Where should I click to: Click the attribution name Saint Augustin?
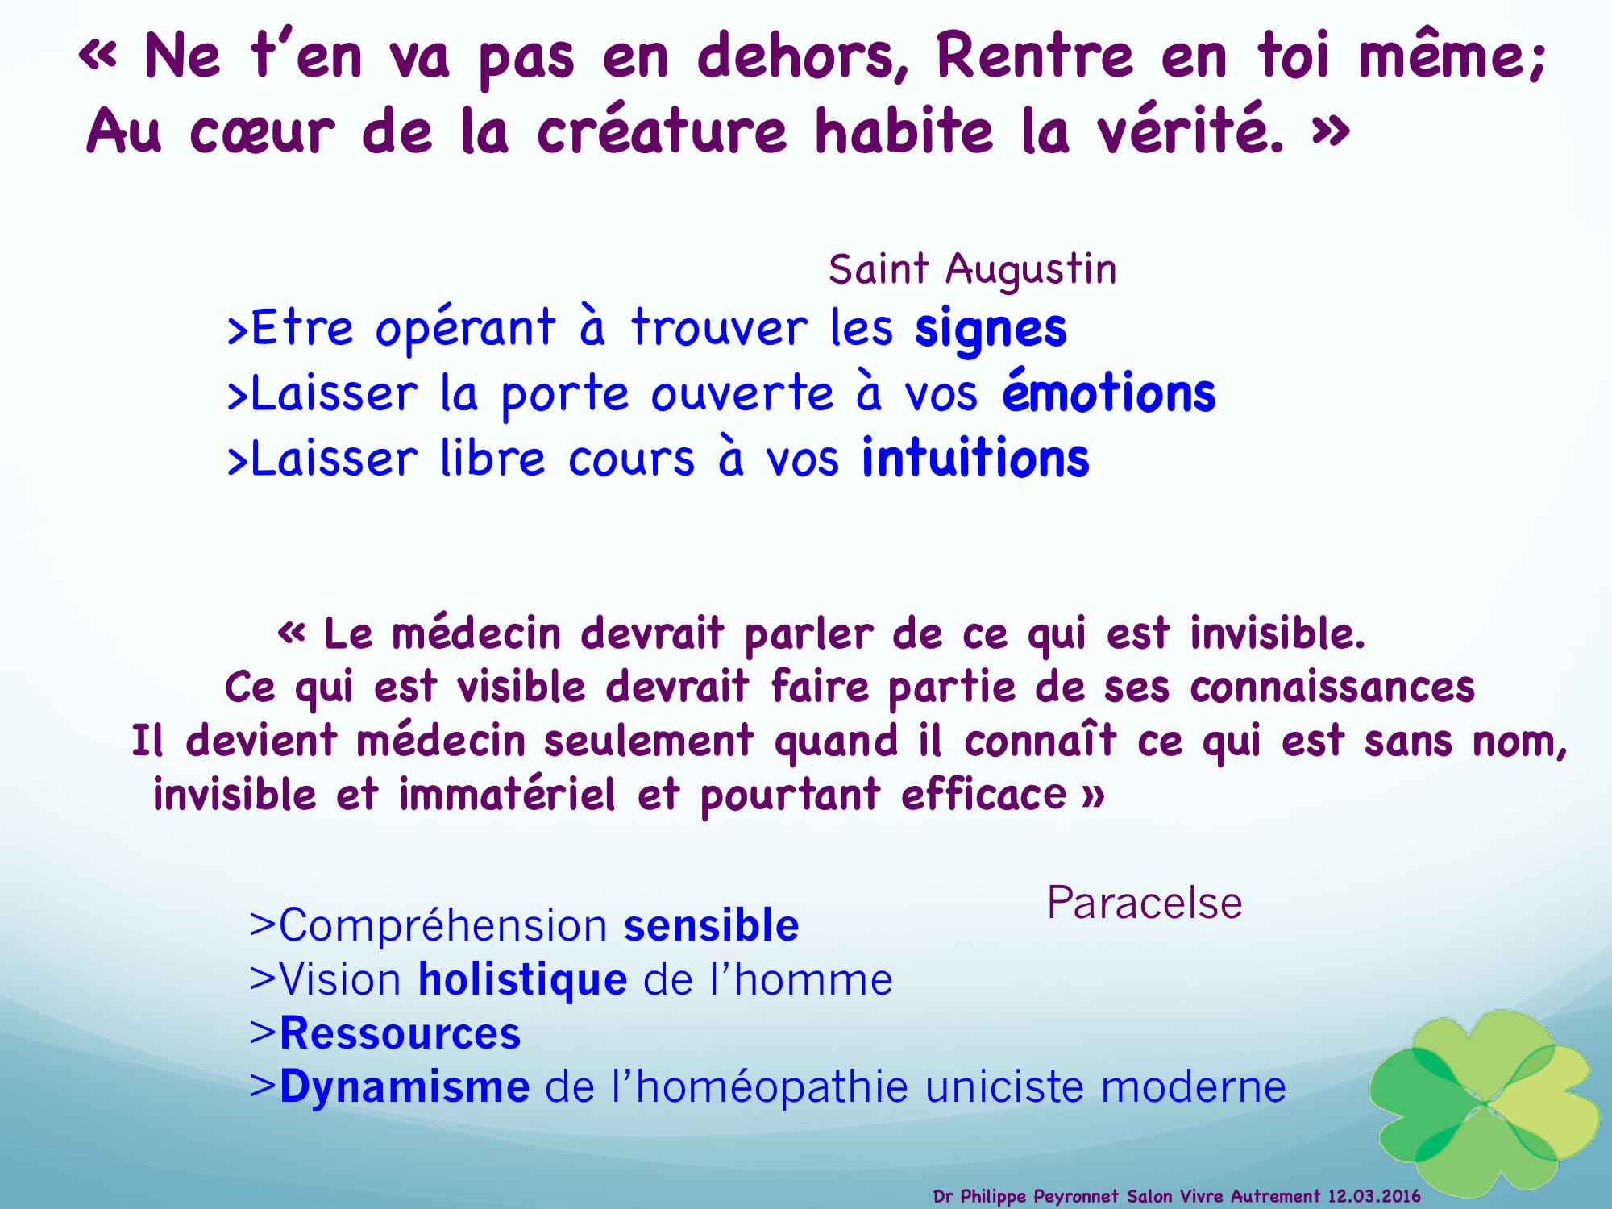(x=973, y=270)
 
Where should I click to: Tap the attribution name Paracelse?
(x=1145, y=903)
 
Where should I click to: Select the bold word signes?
(x=991, y=330)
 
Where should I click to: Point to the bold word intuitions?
(x=976, y=457)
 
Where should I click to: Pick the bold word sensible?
(x=712, y=924)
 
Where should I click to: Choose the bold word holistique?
(x=522, y=980)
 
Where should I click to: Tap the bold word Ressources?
(x=401, y=1033)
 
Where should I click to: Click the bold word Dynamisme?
(x=405, y=1087)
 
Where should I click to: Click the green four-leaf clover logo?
(x=1485, y=1102)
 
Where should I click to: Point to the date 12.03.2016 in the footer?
(x=1374, y=1196)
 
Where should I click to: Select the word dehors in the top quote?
(x=803, y=56)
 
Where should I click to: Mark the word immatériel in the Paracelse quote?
(x=507, y=794)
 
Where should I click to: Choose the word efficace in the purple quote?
(x=984, y=794)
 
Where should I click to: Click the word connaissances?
(x=1332, y=688)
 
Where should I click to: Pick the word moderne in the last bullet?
(x=1193, y=1087)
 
